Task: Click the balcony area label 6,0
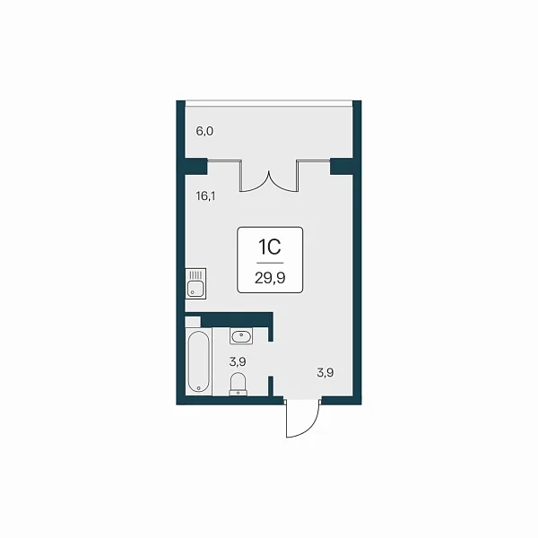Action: point(204,131)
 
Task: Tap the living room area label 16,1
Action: point(205,196)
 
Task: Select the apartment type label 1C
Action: point(270,247)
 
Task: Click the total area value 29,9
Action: point(270,278)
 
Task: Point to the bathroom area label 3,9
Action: point(238,361)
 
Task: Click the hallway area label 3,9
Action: point(325,373)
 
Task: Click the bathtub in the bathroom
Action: point(199,361)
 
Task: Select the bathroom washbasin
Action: point(241,336)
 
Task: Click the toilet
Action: point(238,385)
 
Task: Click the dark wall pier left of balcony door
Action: point(196,166)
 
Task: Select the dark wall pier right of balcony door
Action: point(342,167)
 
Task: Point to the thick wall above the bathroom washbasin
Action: point(237,319)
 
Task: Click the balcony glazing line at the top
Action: point(269,103)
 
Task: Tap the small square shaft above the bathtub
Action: point(193,322)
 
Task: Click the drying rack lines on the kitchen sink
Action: point(195,274)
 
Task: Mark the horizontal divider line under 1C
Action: point(270,263)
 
